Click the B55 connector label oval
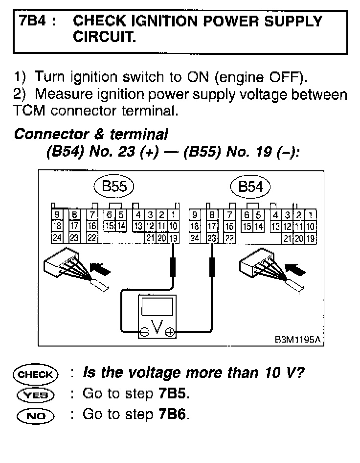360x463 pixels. [113, 186]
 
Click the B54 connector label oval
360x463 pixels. [250, 186]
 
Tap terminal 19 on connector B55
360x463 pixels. [174, 238]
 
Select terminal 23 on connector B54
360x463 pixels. [212, 238]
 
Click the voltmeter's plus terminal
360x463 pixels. [170, 332]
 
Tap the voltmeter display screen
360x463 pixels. [157, 307]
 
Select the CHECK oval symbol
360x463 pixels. [36, 374]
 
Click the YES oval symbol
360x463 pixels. [36, 394]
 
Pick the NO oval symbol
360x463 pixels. [36, 415]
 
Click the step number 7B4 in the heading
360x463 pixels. [33, 22]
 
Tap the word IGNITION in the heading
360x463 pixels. [150, 22]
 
